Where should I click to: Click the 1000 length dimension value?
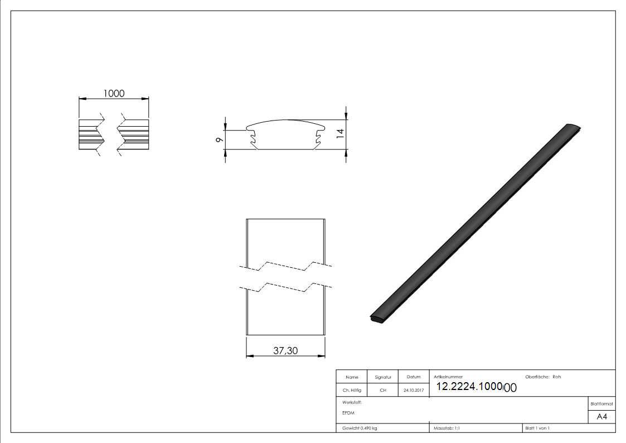[114, 93]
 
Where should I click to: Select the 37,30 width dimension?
[285, 350]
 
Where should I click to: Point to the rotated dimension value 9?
[219, 139]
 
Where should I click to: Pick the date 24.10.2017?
[413, 391]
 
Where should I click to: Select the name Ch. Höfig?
[352, 391]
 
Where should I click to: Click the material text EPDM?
[348, 413]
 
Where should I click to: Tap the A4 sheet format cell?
[602, 417]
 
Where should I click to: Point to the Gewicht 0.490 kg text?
[360, 428]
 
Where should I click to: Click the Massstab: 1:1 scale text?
[447, 428]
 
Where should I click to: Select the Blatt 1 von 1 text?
[537, 428]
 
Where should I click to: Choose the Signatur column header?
[383, 377]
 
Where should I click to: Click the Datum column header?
[413, 377]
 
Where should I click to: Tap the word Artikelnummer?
[448, 377]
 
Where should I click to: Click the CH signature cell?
[383, 391]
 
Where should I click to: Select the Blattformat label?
[602, 403]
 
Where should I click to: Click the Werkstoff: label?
[352, 402]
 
